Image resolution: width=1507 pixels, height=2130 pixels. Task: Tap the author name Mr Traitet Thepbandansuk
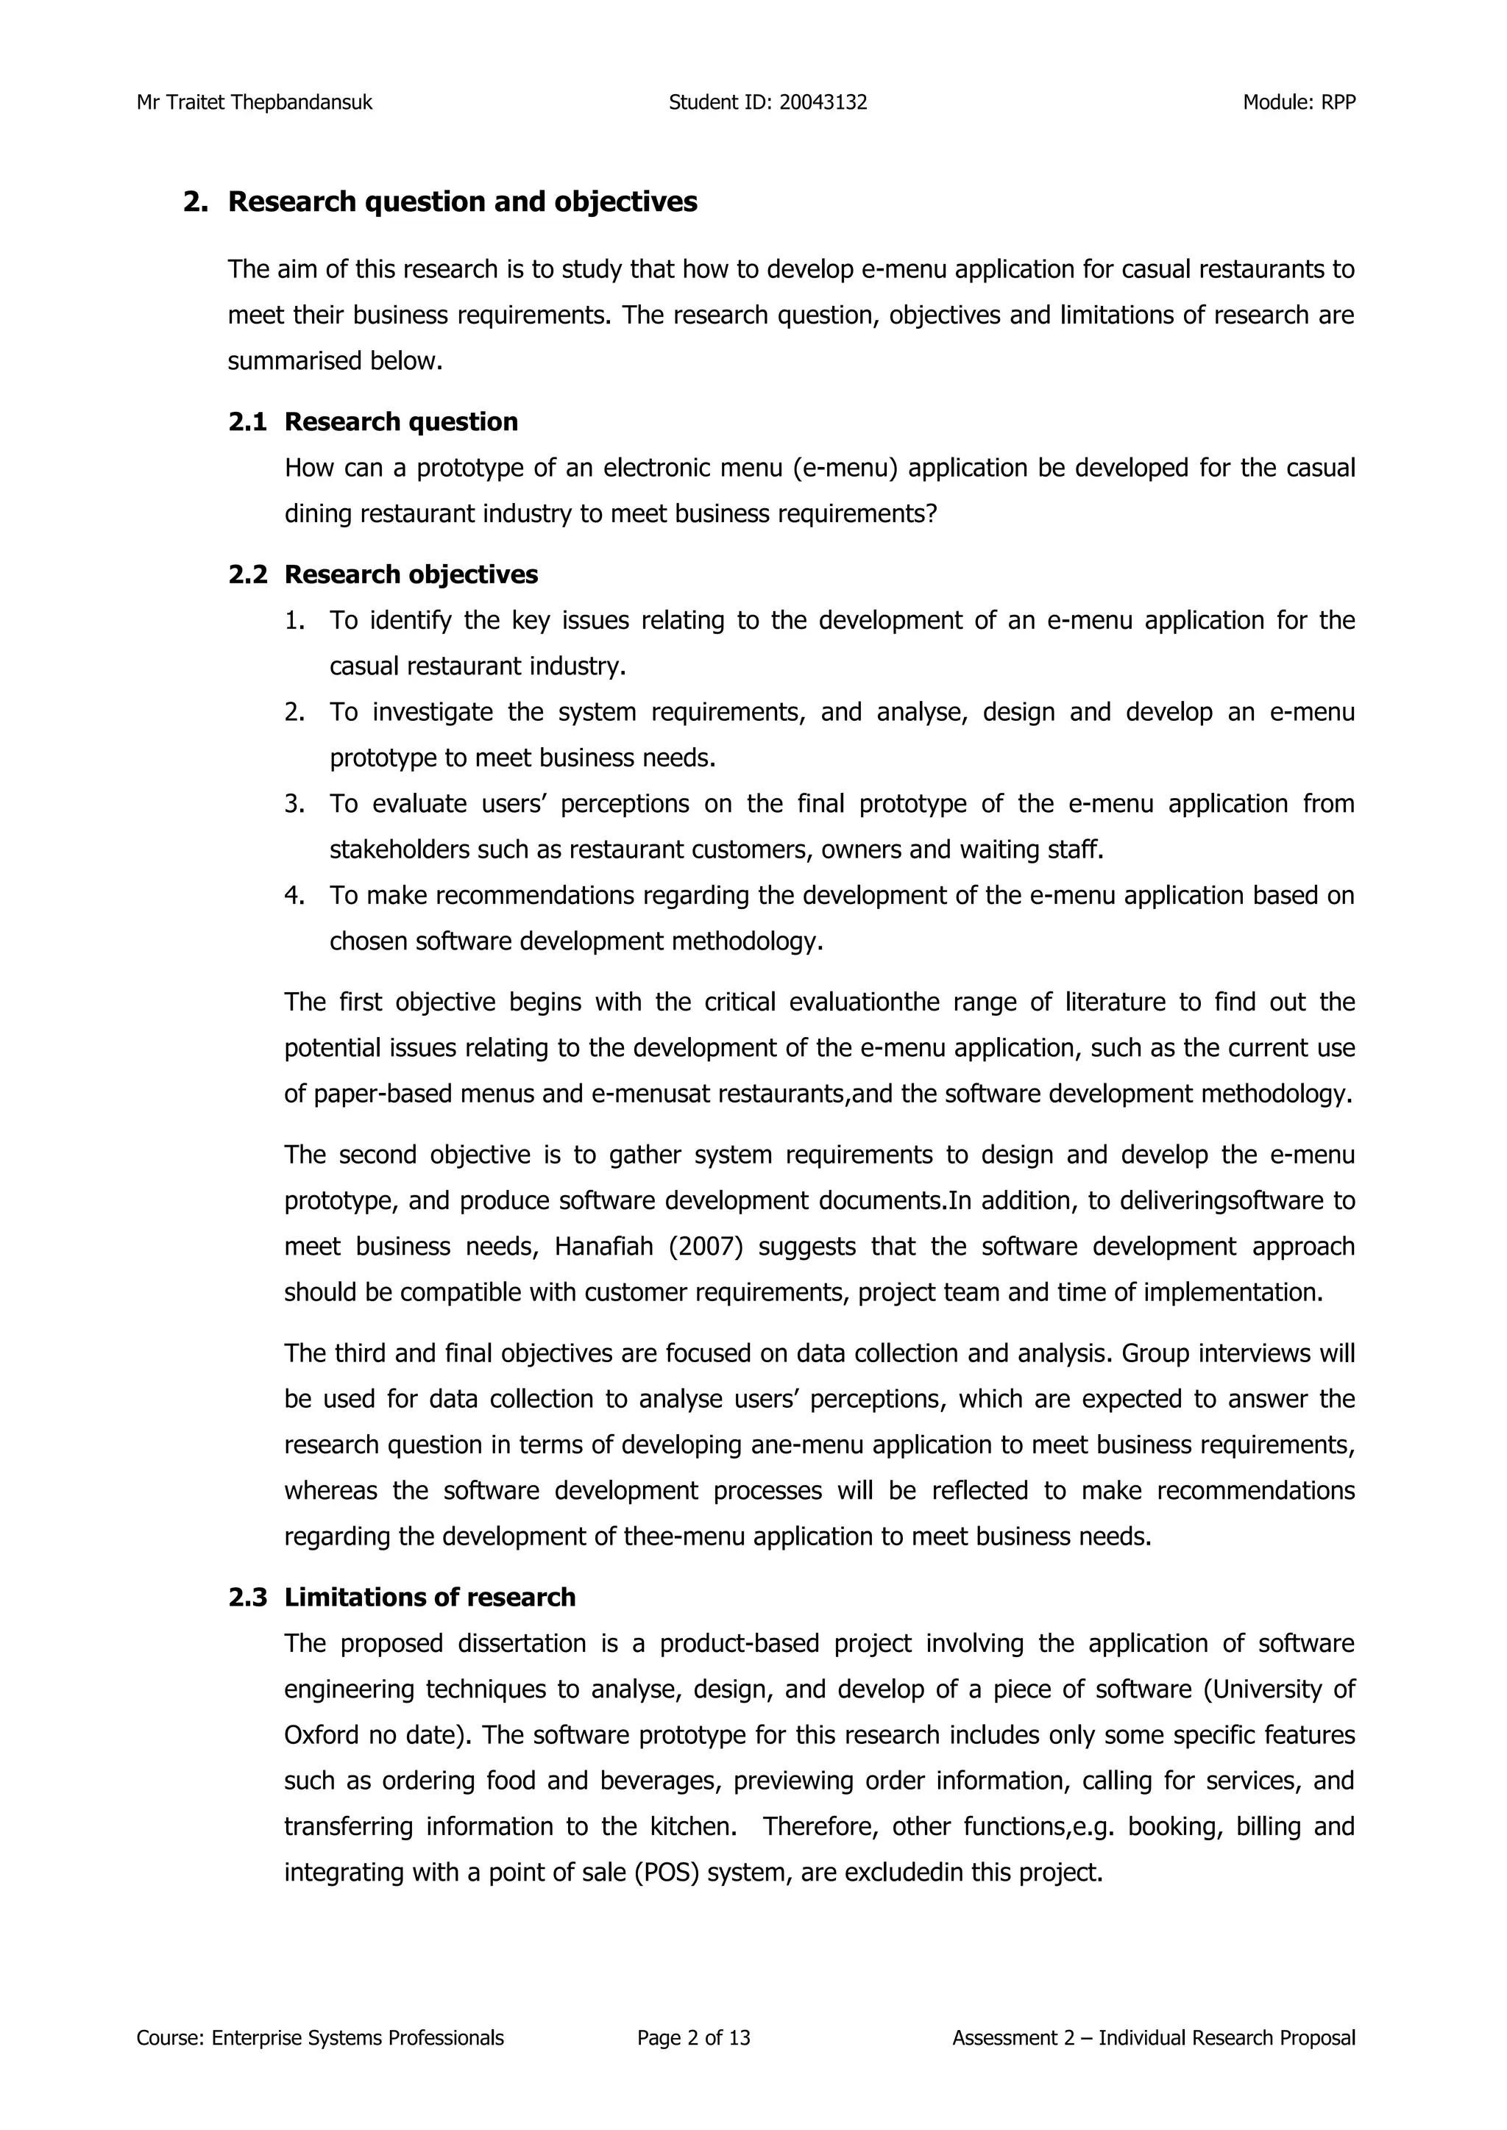[255, 103]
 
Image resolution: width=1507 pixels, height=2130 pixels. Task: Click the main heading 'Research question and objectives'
[462, 202]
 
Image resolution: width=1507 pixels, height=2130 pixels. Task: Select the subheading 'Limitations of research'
[430, 1597]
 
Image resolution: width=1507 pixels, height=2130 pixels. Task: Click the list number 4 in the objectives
[294, 896]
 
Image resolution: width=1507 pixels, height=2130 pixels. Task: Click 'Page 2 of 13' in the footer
[693, 2038]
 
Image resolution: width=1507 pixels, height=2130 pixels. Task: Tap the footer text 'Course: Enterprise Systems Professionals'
[320, 2038]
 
